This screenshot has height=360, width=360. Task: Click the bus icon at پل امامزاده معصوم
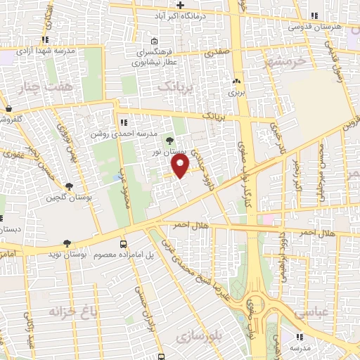tap(124, 243)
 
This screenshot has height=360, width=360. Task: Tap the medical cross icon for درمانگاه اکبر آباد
tap(181, 6)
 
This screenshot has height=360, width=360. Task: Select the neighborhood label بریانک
tap(174, 86)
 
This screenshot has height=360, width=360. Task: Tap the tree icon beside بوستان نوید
tap(67, 243)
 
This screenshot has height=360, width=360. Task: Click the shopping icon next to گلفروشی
tap(8, 109)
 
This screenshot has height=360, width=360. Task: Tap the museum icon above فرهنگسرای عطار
tap(155, 41)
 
